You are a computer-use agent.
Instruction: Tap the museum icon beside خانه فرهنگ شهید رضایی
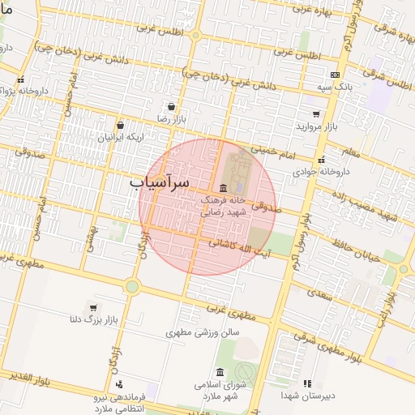point(223,188)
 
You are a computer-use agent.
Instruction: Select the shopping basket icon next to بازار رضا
point(171,106)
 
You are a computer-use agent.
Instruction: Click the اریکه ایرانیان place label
point(120,138)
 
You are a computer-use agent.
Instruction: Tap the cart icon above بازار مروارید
point(315,114)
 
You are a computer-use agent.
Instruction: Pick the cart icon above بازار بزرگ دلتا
point(93,308)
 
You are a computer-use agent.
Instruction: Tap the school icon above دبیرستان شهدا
point(306,383)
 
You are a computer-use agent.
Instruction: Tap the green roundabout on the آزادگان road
point(131,286)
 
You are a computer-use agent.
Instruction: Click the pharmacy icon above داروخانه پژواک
point(20,79)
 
